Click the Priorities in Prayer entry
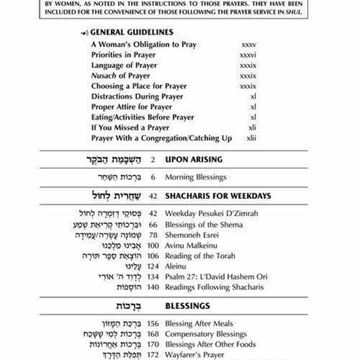123,55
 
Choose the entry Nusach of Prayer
120,76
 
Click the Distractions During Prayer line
137,96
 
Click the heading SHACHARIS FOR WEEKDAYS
217,196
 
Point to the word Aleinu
176,266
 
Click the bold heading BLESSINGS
187,306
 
